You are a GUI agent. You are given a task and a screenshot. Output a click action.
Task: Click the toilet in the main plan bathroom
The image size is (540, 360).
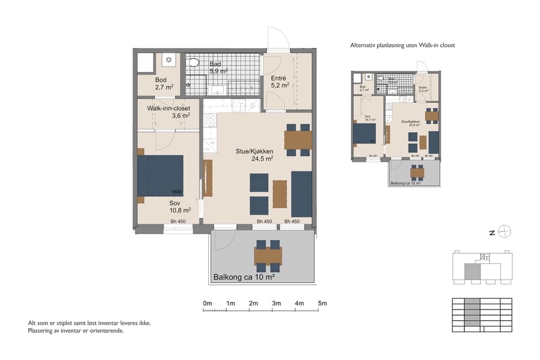click(194, 62)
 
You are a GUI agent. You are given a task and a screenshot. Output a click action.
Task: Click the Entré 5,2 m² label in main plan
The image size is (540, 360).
click(280, 82)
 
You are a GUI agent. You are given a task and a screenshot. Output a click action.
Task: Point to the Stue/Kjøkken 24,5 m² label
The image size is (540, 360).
click(254, 155)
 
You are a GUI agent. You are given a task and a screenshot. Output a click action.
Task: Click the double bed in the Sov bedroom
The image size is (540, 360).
click(160, 175)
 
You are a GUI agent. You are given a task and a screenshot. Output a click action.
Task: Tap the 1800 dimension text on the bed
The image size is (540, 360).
click(176, 192)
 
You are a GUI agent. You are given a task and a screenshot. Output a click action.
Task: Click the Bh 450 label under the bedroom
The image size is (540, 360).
click(178, 222)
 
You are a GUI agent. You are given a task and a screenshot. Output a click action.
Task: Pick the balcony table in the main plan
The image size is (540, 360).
click(268, 256)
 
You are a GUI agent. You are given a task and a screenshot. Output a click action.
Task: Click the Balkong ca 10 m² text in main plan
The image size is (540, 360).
click(244, 277)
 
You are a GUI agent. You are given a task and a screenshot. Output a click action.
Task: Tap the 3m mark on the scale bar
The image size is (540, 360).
click(276, 304)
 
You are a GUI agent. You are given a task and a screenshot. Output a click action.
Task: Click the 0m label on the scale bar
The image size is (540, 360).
click(208, 304)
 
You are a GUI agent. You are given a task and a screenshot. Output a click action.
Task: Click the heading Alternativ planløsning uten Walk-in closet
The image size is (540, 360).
click(406, 45)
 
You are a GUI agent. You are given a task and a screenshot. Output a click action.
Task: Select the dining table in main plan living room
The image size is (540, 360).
click(298, 140)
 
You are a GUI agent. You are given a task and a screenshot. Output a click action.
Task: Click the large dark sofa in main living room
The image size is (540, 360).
click(301, 194)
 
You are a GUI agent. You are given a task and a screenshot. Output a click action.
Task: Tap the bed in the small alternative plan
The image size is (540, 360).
click(365, 133)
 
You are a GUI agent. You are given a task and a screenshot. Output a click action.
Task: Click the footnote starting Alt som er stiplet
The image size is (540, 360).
click(89, 323)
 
